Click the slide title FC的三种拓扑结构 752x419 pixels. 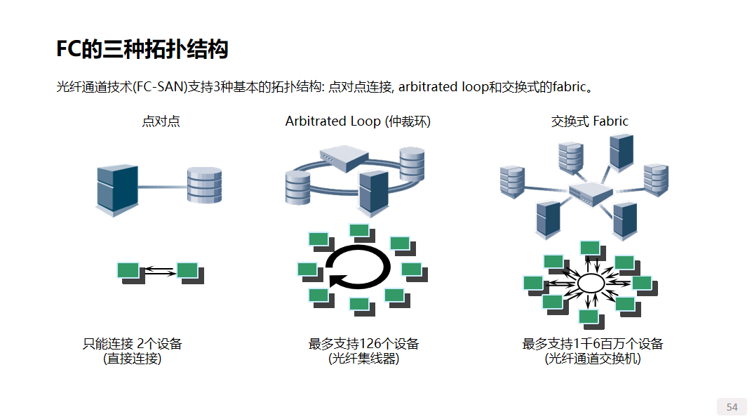(142, 50)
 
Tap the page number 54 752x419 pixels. (732, 407)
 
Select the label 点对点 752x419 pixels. (161, 121)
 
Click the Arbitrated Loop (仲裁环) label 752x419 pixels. (358, 121)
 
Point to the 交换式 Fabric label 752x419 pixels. (589, 121)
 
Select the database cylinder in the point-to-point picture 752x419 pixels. (204, 186)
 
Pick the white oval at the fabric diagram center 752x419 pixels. (590, 284)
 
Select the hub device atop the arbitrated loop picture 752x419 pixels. (345, 159)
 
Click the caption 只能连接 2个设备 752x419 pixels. (133, 344)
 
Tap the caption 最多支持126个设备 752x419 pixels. (363, 344)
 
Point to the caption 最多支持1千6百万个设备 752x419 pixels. (593, 344)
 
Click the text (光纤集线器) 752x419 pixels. (363, 359)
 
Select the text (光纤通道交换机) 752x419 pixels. (593, 359)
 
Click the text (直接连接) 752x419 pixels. (132, 359)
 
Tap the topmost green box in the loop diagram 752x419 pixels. (358, 230)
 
